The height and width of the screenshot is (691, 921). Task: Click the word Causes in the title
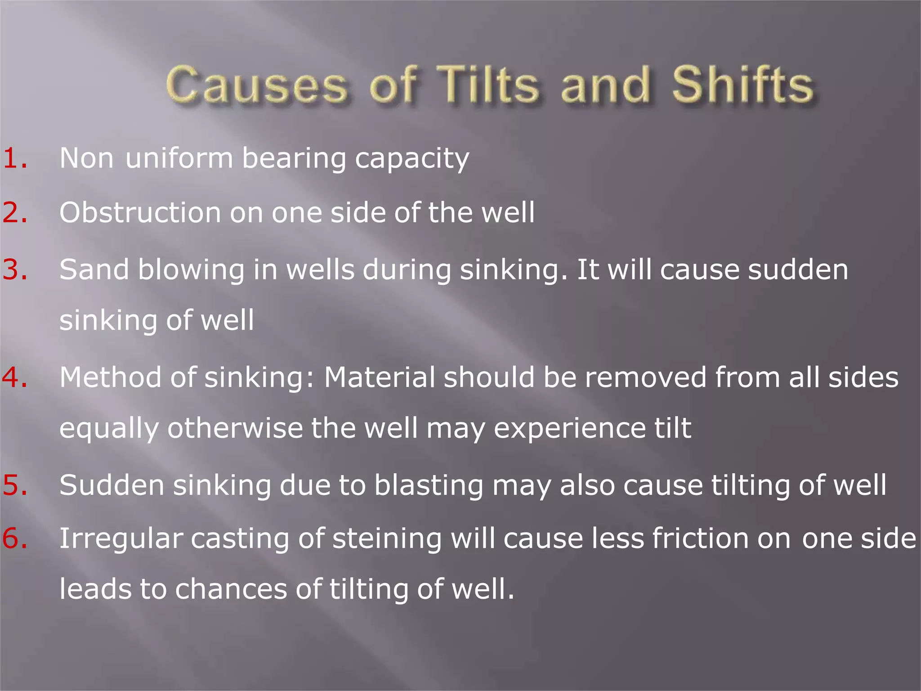pyautogui.click(x=257, y=85)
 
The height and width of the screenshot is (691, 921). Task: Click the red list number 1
pyautogui.click(x=15, y=158)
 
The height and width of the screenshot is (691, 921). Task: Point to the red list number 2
pyautogui.click(x=15, y=212)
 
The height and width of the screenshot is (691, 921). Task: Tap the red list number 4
pyautogui.click(x=15, y=377)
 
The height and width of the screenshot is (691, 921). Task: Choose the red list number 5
pyautogui.click(x=15, y=485)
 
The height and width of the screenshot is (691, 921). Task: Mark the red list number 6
pyautogui.click(x=15, y=538)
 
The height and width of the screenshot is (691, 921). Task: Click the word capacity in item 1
pyautogui.click(x=412, y=159)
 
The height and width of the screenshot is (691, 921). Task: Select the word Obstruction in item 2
pyautogui.click(x=140, y=212)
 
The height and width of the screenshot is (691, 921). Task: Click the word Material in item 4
pyautogui.click(x=380, y=377)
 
